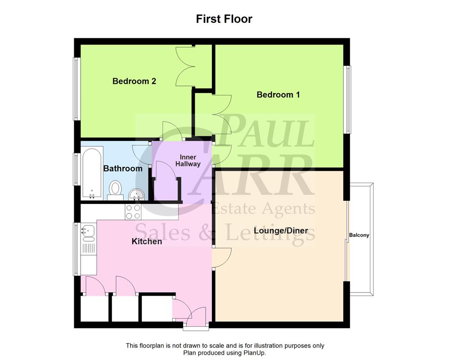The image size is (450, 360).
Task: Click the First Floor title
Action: [224, 19]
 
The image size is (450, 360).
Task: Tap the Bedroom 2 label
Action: [134, 81]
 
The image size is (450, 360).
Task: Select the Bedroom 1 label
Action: [278, 95]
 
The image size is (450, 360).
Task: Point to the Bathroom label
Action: [123, 169]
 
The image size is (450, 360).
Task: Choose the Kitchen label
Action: [147, 242]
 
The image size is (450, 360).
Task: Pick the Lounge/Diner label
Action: [281, 231]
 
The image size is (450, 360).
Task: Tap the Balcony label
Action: [359, 235]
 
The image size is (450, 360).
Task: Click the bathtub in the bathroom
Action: [93, 173]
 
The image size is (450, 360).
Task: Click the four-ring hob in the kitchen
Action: [133, 211]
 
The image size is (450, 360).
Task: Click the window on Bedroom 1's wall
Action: [348, 99]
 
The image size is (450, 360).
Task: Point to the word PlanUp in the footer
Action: [253, 353]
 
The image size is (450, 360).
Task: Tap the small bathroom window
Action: [76, 169]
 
